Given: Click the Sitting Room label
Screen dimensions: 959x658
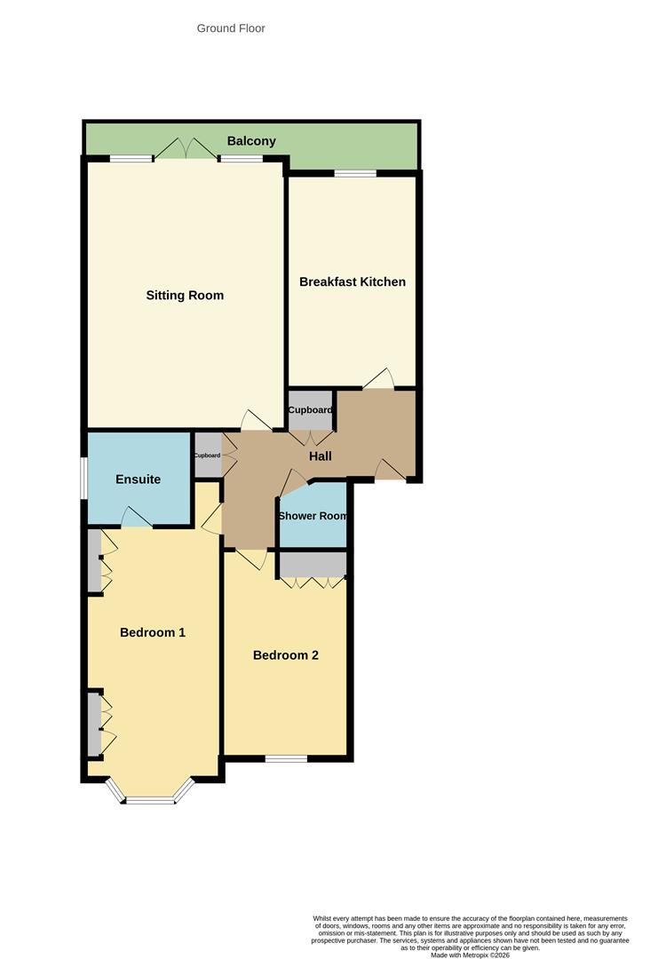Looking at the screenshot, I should pos(185,296).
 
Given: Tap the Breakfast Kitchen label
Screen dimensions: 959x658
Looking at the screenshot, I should pos(353,281).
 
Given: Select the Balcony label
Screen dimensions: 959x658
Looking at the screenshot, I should pos(251,141).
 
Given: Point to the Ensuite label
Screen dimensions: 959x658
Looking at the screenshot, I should pos(139,479).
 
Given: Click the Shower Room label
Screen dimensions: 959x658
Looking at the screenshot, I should pos(313,516).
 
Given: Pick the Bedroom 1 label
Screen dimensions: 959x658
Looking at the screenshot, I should pos(153,633).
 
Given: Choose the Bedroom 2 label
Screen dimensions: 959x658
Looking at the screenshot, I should pos(286,655).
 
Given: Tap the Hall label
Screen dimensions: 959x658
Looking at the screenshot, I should pos(321,456).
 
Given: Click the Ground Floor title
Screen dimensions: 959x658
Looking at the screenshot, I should pos(231,28).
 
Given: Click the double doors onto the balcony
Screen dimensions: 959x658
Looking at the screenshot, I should pos(186,151).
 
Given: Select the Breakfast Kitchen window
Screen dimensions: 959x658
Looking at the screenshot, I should pos(355,173).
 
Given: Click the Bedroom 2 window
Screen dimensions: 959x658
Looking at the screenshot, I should pos(286,758).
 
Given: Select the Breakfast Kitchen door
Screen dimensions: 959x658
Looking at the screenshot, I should pos(379,380).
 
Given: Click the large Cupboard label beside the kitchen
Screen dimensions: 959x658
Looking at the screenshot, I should pos(311,410).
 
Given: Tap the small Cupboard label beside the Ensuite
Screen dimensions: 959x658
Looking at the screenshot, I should pos(207,456).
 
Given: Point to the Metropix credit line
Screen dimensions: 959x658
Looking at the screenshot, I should pos(471,955).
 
